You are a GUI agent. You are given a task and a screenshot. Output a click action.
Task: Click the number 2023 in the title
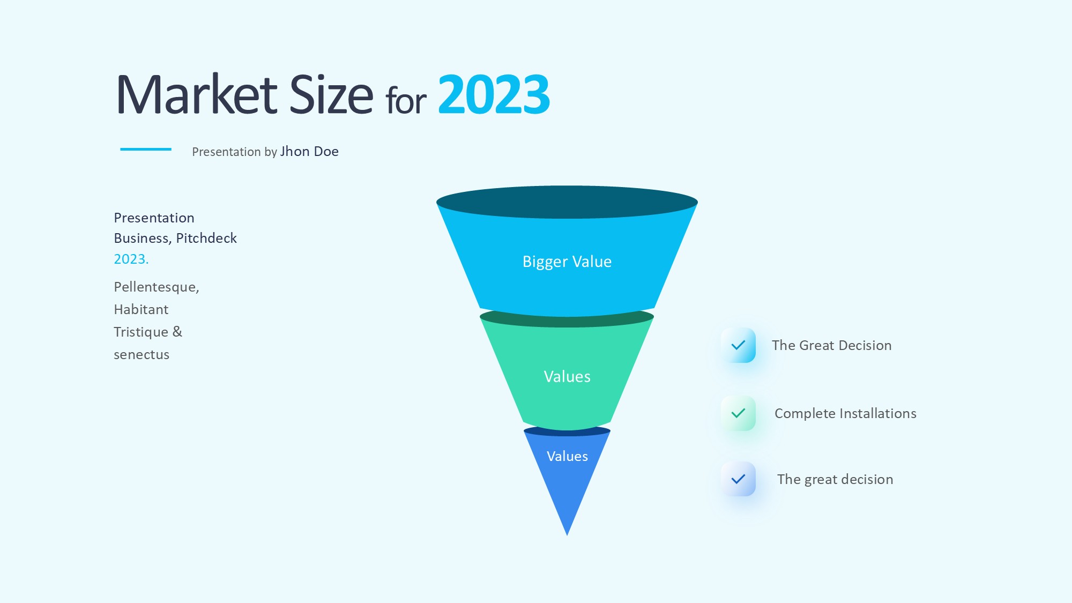click(494, 95)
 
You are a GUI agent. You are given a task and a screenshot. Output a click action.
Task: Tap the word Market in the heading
click(197, 94)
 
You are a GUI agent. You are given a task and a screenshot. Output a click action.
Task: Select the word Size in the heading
click(331, 94)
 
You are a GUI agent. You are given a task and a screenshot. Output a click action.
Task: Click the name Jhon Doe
click(309, 152)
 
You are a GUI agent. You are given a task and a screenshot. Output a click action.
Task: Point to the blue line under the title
click(146, 149)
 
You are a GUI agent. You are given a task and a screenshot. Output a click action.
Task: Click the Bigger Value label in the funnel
click(567, 262)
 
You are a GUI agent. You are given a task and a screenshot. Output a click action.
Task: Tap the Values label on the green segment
click(567, 377)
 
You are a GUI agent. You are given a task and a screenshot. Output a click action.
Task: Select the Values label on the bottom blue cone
click(567, 456)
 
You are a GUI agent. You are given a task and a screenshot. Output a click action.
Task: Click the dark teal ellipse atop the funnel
click(567, 202)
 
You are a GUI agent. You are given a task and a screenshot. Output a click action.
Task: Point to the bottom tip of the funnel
click(567, 535)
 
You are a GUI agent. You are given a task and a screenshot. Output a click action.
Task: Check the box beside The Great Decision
click(739, 345)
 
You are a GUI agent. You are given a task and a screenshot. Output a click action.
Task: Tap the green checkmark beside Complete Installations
click(739, 413)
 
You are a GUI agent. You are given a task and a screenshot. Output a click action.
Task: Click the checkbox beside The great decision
click(739, 479)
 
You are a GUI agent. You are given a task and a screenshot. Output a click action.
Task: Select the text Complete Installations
click(845, 414)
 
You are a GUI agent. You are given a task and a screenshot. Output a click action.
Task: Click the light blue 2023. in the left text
click(131, 259)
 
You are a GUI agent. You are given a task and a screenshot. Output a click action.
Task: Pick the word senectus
click(142, 355)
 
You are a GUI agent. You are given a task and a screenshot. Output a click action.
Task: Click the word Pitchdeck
click(206, 239)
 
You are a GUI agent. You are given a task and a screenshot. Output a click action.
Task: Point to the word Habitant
click(141, 310)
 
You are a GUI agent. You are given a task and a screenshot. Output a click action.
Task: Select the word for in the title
click(406, 100)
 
